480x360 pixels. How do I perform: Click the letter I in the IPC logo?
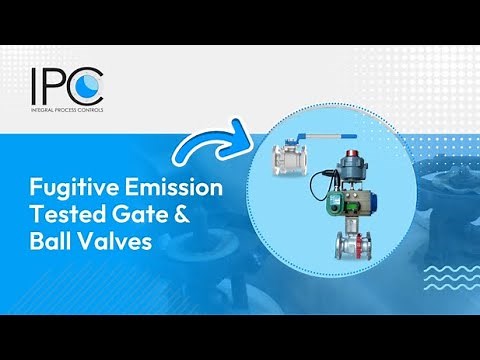pyautogui.click(x=35, y=83)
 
